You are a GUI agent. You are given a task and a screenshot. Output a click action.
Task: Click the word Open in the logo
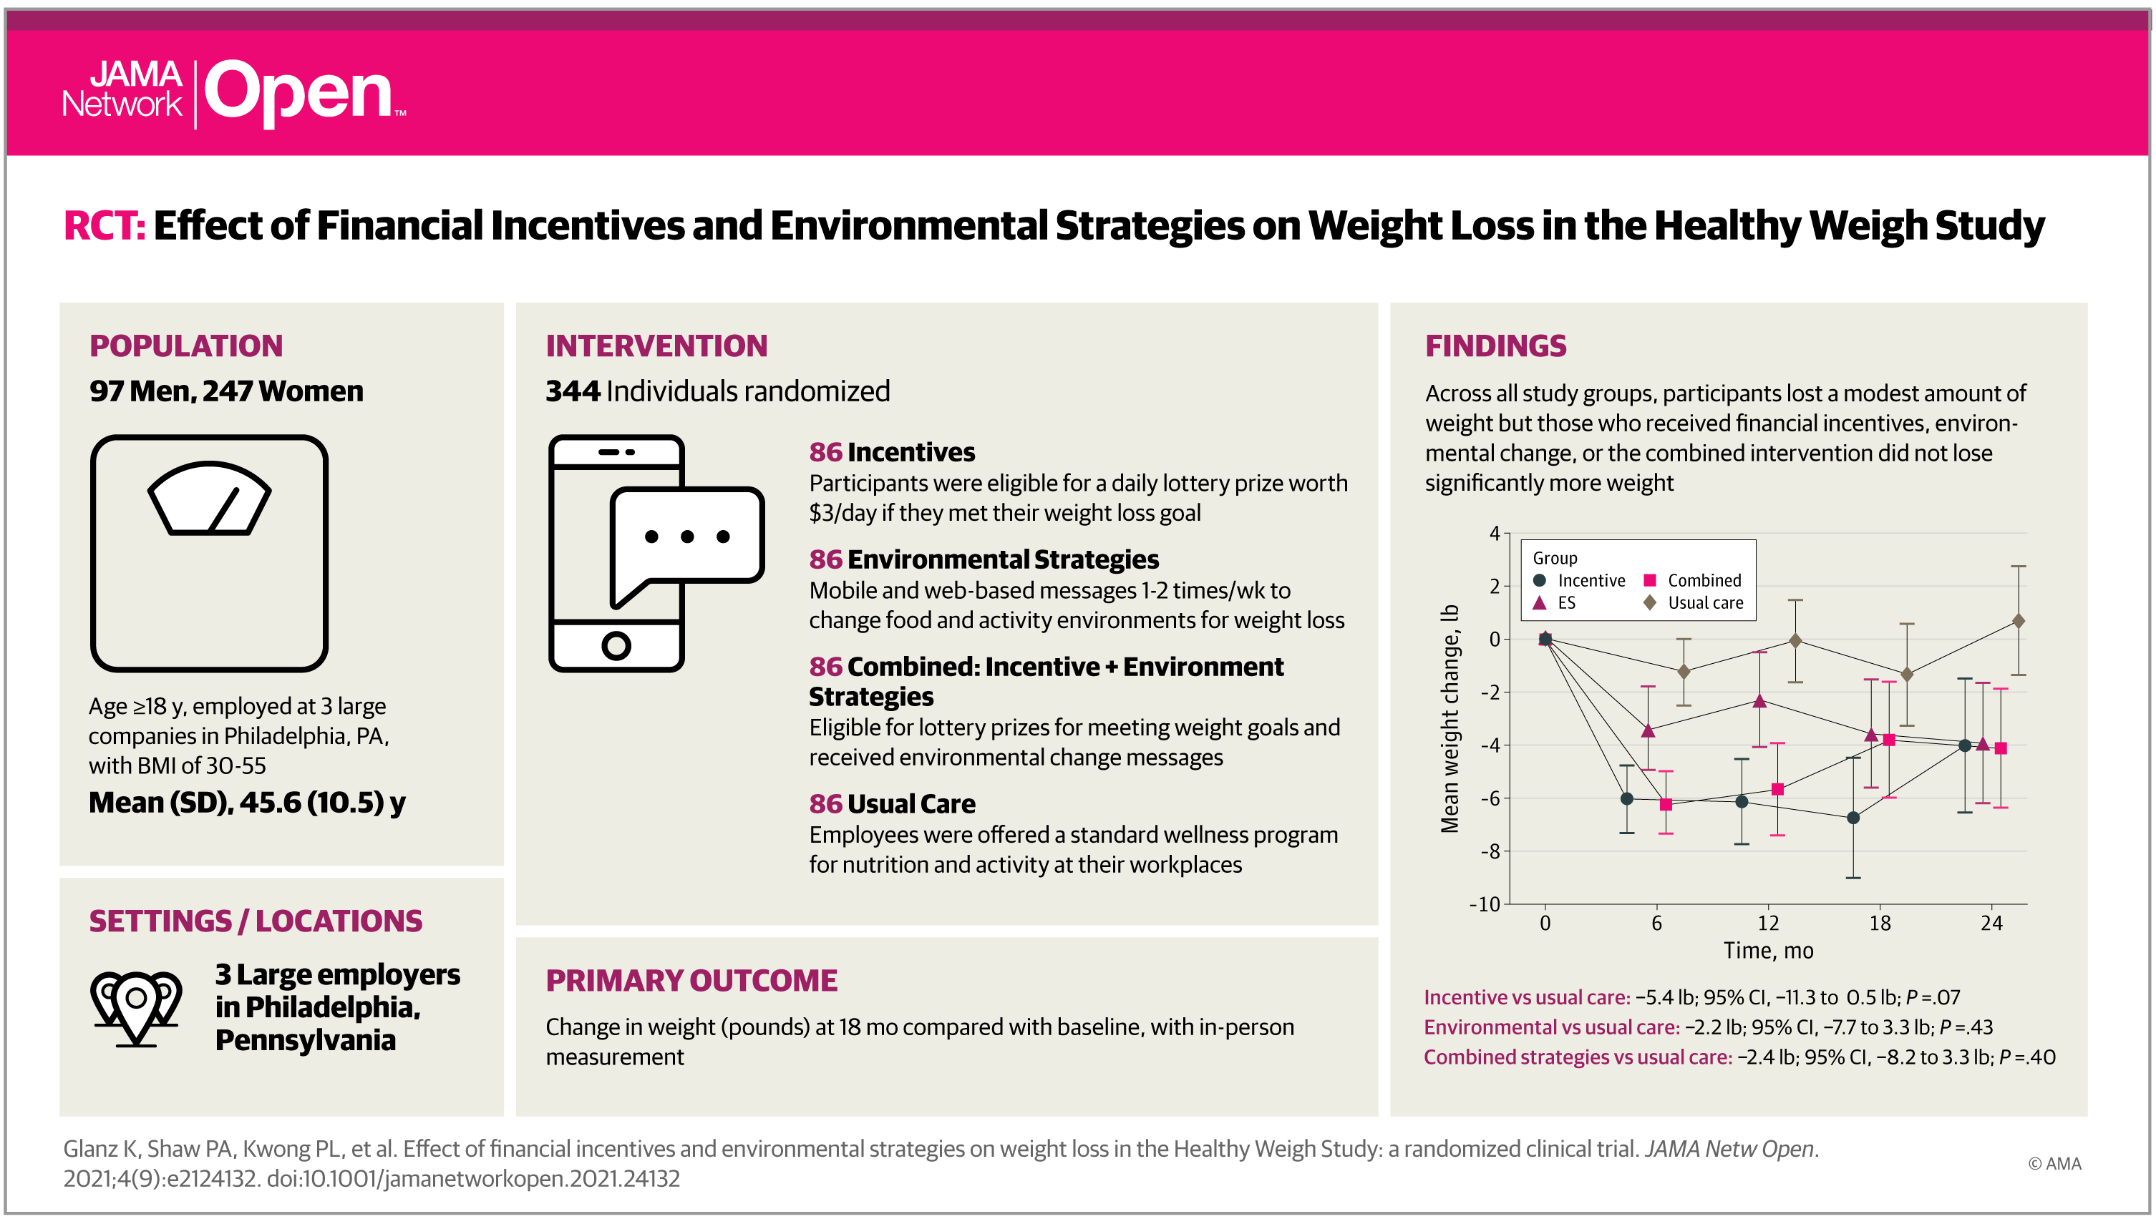[298, 94]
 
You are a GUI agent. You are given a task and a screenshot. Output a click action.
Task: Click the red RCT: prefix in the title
[105, 226]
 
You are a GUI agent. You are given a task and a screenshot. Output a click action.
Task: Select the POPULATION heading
[186, 346]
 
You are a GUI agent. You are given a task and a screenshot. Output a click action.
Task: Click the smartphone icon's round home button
[616, 645]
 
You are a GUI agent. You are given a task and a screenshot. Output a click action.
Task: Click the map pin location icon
[136, 1007]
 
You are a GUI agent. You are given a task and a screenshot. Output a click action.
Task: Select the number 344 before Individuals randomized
[573, 391]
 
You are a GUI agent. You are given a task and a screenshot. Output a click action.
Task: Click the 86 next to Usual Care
[825, 804]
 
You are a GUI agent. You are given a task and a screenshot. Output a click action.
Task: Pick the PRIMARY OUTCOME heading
[691, 980]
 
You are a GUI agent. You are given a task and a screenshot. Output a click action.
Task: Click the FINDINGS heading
[1495, 346]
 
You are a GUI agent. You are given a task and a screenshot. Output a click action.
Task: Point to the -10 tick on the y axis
[1485, 904]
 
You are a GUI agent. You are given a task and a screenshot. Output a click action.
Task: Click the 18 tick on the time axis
[1880, 923]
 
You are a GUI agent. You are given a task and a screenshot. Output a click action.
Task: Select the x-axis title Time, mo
[1768, 951]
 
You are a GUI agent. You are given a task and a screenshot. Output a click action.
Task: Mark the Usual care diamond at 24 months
[2019, 621]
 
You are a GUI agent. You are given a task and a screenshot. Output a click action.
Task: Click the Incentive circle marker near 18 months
[1854, 817]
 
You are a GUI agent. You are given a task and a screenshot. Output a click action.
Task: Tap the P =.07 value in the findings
[1933, 997]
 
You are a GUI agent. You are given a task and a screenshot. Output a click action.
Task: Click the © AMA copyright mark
[2054, 1164]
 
